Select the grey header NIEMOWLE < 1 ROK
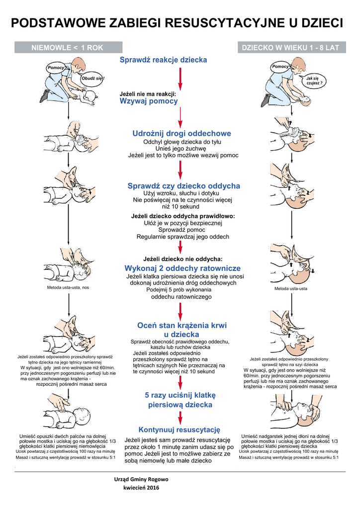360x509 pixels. [67, 48]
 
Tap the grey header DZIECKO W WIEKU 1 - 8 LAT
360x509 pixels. [290, 48]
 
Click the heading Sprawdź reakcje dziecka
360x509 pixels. [164, 60]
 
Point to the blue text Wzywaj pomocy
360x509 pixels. [149, 101]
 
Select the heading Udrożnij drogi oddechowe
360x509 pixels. [182, 133]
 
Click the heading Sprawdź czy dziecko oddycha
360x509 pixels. [184, 186]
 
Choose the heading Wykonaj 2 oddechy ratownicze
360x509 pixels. [182, 268]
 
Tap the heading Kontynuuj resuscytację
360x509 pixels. [179, 429]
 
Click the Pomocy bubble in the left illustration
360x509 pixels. [56, 67]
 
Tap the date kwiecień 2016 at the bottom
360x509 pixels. [141, 489]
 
